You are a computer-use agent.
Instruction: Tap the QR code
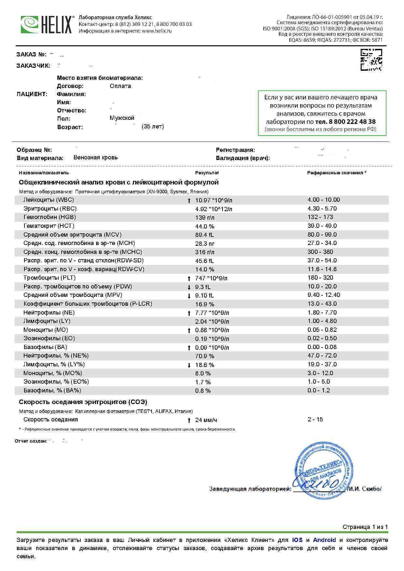pyautogui.click(x=371, y=60)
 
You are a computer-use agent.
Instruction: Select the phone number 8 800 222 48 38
pyautogui.click(x=345, y=122)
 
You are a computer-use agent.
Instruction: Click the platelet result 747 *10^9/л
pyautogui.click(x=211, y=278)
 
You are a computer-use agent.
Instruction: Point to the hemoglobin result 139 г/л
pyautogui.click(x=205, y=217)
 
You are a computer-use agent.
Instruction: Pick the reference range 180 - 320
pyautogui.click(x=320, y=278)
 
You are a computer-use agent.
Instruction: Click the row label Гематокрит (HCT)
pyautogui.click(x=49, y=226)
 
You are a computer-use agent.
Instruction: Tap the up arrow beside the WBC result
pyautogui.click(x=189, y=200)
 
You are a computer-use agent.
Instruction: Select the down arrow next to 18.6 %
pyautogui.click(x=189, y=365)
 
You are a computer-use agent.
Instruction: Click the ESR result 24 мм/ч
pyautogui.click(x=206, y=420)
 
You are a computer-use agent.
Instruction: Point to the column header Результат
pyautogui.click(x=207, y=173)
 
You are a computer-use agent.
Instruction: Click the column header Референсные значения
pyautogui.click(x=336, y=173)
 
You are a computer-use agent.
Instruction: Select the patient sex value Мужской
pyautogui.click(x=122, y=118)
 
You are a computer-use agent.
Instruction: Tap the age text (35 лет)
pyautogui.click(x=153, y=126)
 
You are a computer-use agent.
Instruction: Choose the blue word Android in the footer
pyautogui.click(x=324, y=540)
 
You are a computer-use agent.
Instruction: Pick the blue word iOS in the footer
pyautogui.click(x=297, y=540)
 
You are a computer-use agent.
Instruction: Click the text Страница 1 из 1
pyautogui.click(x=365, y=527)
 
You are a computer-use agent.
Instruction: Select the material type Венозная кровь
pyautogui.click(x=95, y=157)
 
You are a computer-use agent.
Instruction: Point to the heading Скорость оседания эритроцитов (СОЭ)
pyautogui.click(x=83, y=402)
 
